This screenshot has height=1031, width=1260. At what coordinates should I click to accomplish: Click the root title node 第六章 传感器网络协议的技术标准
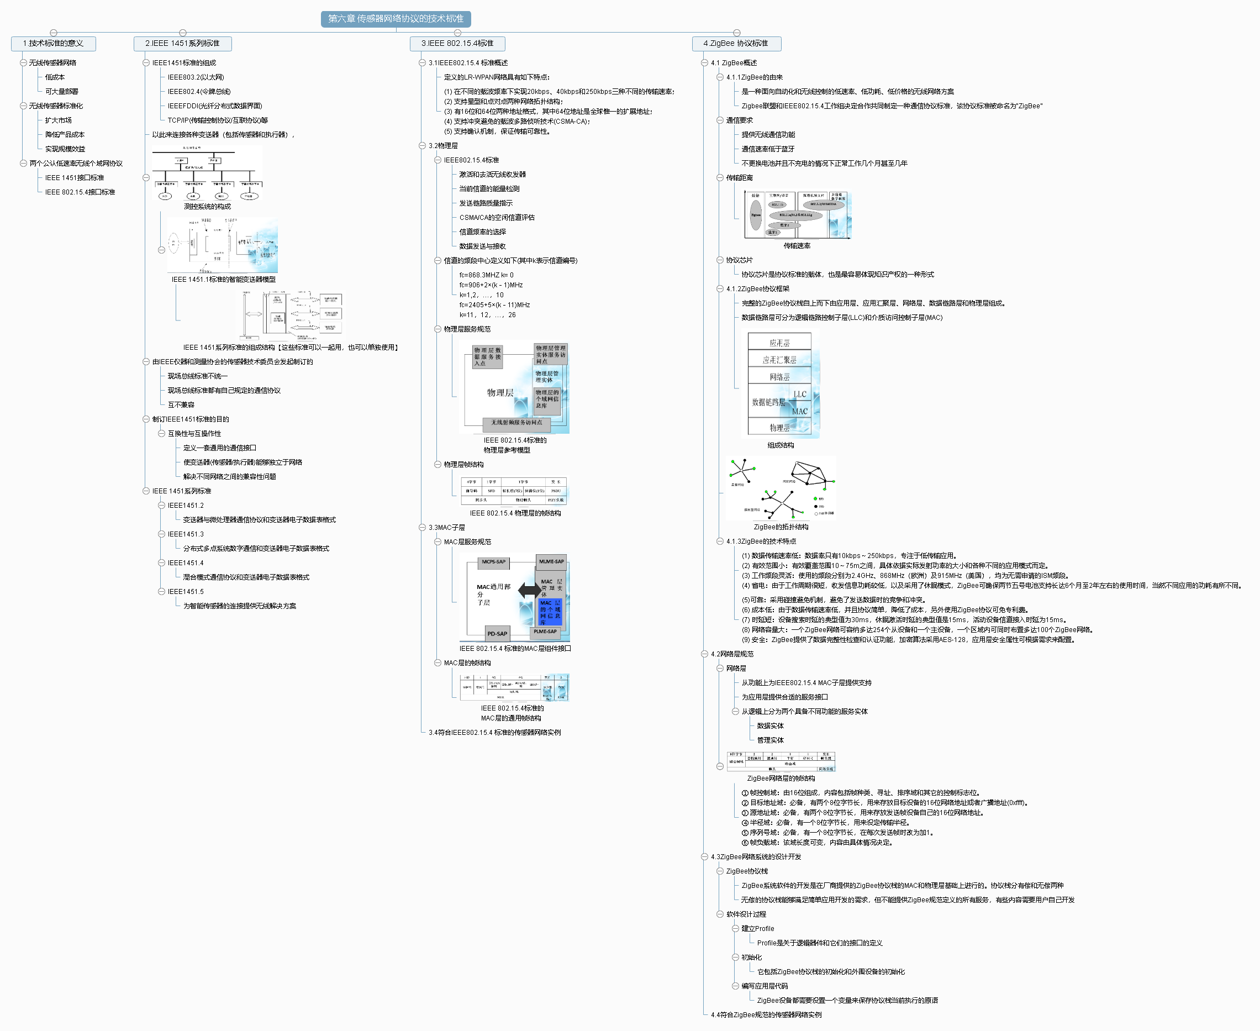(x=396, y=19)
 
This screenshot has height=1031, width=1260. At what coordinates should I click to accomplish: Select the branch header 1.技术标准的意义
(x=53, y=43)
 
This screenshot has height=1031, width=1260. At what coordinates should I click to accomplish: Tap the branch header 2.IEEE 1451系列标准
(x=182, y=43)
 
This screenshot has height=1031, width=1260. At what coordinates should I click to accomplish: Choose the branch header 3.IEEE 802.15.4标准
(x=457, y=43)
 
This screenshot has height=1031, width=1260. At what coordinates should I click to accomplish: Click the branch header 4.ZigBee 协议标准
(x=736, y=43)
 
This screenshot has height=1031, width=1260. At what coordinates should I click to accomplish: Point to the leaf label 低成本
(x=55, y=77)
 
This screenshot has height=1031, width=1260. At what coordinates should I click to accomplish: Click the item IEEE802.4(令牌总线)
(x=199, y=92)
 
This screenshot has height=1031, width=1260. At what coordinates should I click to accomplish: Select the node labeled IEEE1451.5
(x=185, y=592)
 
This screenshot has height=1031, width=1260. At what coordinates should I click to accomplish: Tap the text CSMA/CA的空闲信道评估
(x=497, y=217)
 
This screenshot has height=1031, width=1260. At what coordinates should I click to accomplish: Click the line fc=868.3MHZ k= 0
(x=486, y=275)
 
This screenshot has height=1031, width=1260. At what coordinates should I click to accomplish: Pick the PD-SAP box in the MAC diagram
(x=497, y=634)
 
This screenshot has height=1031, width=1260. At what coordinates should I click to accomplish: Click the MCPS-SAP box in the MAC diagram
(x=493, y=562)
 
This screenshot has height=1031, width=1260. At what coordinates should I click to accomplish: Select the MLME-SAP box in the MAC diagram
(x=551, y=562)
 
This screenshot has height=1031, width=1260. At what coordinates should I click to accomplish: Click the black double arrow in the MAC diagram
(x=529, y=590)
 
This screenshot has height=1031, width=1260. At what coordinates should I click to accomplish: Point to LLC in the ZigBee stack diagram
(x=800, y=394)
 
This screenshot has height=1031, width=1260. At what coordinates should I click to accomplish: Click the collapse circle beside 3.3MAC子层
(x=422, y=527)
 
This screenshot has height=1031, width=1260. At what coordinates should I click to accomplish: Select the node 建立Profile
(x=757, y=929)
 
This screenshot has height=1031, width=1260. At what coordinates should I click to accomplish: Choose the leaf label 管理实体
(x=770, y=740)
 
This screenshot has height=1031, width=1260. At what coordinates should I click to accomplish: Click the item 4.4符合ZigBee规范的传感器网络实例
(x=766, y=1015)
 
